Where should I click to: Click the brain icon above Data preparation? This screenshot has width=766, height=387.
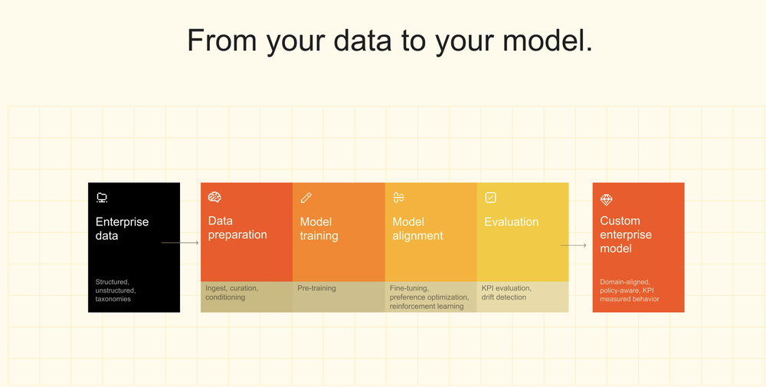pos(214,197)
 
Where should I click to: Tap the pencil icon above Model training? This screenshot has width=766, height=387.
pos(306,198)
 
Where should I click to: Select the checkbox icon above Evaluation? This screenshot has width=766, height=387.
pos(490,198)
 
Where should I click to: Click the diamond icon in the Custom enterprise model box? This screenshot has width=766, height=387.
pos(606,199)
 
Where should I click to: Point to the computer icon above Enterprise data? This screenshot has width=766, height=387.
pos(102,198)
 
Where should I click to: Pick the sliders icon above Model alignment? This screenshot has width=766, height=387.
pos(398,198)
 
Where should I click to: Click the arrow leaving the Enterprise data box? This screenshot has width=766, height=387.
pos(180,242)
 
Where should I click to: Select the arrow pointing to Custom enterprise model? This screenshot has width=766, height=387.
pos(574,245)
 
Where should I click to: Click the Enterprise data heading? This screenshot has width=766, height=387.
pos(122,228)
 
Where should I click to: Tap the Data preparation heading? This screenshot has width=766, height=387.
pos(237,228)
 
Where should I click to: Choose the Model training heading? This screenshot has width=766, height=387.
pos(319,228)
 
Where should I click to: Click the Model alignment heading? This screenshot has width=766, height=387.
pos(417,228)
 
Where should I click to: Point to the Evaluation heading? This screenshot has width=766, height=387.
pos(512,221)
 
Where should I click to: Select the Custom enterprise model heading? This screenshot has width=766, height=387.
pos(627,234)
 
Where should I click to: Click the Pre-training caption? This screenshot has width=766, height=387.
pos(316,288)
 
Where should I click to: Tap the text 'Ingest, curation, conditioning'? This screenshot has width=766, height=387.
pos(232,293)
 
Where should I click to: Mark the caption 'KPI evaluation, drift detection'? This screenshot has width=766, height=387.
pos(506,293)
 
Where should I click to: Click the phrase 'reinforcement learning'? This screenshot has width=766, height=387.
pos(427,307)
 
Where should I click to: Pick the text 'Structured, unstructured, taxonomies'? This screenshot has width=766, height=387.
pos(113,290)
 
